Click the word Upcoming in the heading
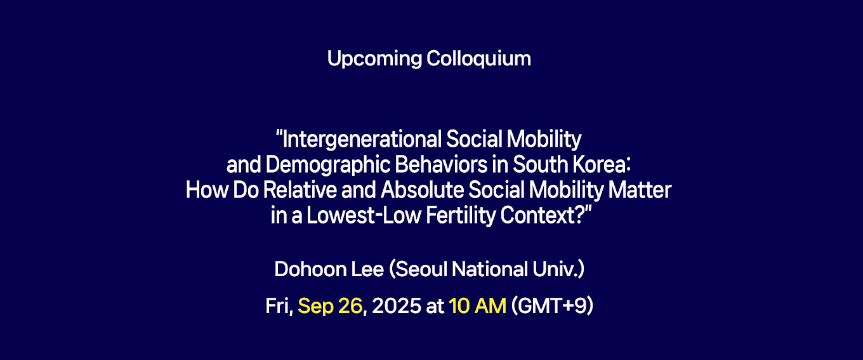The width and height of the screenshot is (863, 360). [374, 59]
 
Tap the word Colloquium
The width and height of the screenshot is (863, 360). [478, 59]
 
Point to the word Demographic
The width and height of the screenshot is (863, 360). [327, 165]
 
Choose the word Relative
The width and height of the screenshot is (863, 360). [300, 190]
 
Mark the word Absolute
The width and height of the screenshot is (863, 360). [422, 190]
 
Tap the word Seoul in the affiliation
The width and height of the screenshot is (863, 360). [421, 269]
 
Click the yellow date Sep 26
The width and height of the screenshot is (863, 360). [330, 307]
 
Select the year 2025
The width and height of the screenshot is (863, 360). [397, 306]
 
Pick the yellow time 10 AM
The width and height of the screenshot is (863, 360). [477, 306]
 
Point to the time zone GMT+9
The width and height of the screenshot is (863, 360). [552, 307]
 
